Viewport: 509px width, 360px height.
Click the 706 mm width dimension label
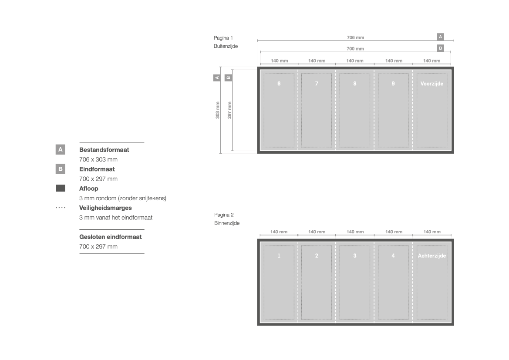pyautogui.click(x=355, y=38)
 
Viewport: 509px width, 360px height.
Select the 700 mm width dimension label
pyautogui.click(x=355, y=49)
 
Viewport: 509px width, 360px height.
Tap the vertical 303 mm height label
pyautogui.click(x=218, y=110)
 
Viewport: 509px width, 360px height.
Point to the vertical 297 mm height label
pyautogui.click(x=229, y=110)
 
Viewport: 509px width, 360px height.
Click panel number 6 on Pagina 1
pyautogui.click(x=279, y=84)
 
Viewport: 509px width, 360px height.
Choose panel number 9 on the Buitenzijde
pyautogui.click(x=393, y=84)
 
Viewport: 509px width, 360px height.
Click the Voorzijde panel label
pyautogui.click(x=432, y=84)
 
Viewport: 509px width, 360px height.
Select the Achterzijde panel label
pyautogui.click(x=432, y=256)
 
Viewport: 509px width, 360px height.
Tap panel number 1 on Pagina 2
pyautogui.click(x=279, y=256)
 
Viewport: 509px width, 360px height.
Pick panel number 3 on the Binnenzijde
pyautogui.click(x=355, y=256)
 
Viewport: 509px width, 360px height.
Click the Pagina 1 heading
pyautogui.click(x=223, y=38)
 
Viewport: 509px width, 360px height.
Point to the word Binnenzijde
pyautogui.click(x=227, y=223)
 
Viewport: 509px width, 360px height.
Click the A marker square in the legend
pyautogui.click(x=61, y=150)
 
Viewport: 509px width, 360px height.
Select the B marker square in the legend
pyautogui.click(x=61, y=169)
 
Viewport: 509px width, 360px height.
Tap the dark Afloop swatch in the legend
pyautogui.click(x=61, y=188)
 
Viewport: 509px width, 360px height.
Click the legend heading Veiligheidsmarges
pyautogui.click(x=105, y=208)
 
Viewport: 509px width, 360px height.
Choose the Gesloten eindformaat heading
pyautogui.click(x=110, y=237)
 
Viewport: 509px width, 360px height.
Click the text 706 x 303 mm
pyautogui.click(x=98, y=160)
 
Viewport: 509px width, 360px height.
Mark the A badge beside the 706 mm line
pyautogui.click(x=441, y=37)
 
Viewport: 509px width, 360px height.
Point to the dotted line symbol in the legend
pyautogui.click(x=61, y=208)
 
